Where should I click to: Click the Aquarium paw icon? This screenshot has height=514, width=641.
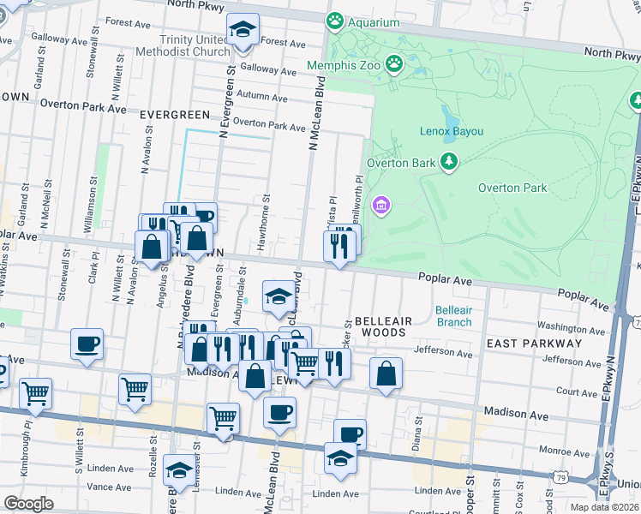(333, 21)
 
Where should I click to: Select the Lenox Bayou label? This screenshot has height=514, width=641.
(451, 131)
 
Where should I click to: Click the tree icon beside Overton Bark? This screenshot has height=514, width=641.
(448, 161)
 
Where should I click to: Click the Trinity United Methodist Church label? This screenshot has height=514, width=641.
(183, 46)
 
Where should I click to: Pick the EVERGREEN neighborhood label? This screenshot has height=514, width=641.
(175, 114)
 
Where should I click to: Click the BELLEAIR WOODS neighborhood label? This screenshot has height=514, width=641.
(384, 326)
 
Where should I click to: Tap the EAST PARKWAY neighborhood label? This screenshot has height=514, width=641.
(534, 343)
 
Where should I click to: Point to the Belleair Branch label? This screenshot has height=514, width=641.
(453, 316)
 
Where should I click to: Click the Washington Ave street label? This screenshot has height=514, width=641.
(572, 327)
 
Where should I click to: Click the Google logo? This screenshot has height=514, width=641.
(28, 504)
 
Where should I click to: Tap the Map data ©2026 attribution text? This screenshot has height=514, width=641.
(604, 507)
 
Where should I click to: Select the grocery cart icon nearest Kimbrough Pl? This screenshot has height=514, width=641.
(35, 393)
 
